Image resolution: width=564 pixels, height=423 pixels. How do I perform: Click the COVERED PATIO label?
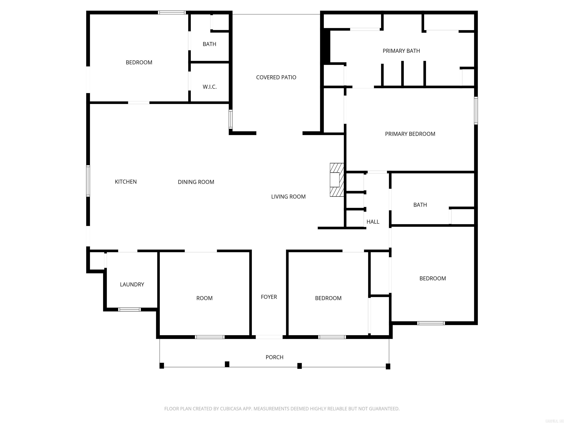[x=276, y=77]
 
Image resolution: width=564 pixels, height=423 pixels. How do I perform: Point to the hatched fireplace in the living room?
[x=336, y=180]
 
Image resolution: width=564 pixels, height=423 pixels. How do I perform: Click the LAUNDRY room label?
[x=132, y=284]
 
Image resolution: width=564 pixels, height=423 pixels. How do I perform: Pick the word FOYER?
[x=269, y=297]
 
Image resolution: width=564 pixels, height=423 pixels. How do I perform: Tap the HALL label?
[x=373, y=222]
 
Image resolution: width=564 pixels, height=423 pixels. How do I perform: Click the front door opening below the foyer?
[x=269, y=337]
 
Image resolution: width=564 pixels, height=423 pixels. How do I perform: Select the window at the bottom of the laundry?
[x=129, y=310]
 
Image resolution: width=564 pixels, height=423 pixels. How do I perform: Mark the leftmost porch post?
[x=162, y=366]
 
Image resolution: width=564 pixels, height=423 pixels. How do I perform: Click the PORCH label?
[x=274, y=357]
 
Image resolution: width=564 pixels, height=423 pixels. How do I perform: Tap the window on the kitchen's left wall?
[x=88, y=181]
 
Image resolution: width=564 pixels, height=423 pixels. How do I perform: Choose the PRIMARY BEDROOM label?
[x=410, y=134]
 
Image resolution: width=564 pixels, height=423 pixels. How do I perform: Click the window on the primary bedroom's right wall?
[x=476, y=110]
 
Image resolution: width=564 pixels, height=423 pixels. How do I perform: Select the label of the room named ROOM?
[x=204, y=298]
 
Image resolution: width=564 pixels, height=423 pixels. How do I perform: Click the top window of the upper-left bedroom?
[x=172, y=12]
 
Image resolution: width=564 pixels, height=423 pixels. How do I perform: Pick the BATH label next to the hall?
[x=420, y=205]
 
